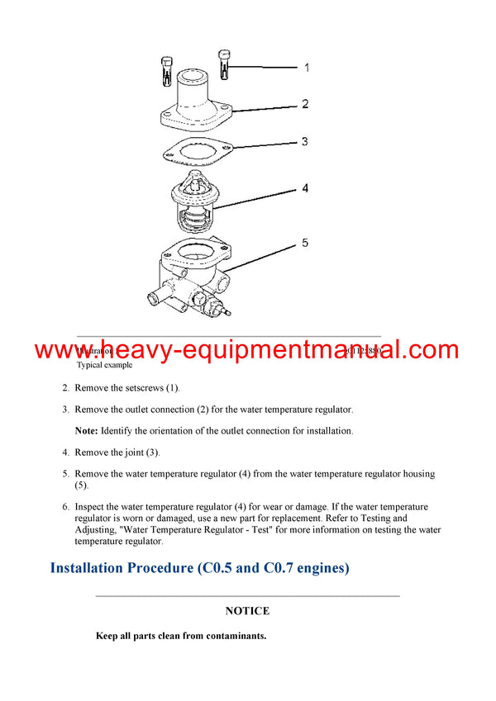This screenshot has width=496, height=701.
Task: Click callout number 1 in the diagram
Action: [307, 67]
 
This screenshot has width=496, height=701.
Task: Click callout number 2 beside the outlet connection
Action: [305, 104]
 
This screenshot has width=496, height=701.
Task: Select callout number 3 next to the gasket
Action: [304, 142]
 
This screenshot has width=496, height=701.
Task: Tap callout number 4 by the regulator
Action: [305, 189]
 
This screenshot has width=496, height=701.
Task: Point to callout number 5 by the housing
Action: [305, 243]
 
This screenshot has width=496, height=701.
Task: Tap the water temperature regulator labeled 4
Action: [194, 203]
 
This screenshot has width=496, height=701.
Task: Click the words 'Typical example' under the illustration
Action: [104, 364]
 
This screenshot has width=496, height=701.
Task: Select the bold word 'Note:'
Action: [87, 430]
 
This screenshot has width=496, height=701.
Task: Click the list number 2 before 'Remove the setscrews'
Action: [65, 387]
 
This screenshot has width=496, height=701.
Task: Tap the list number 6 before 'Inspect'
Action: [65, 506]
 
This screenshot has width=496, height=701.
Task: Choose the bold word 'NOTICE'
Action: [247, 611]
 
